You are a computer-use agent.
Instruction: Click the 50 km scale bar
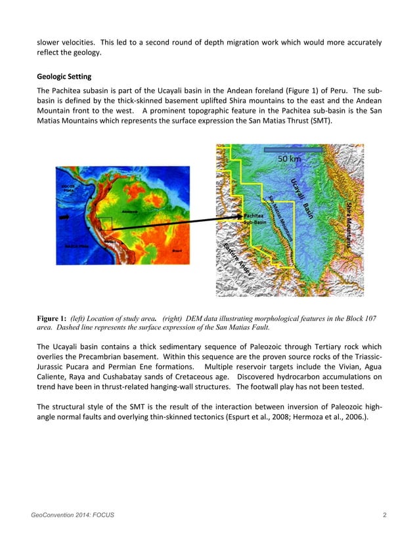(x=293, y=150)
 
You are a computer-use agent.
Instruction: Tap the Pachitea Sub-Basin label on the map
(x=255, y=219)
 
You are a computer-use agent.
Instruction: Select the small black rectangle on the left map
(x=102, y=223)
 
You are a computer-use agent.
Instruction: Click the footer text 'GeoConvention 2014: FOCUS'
(x=72, y=515)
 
